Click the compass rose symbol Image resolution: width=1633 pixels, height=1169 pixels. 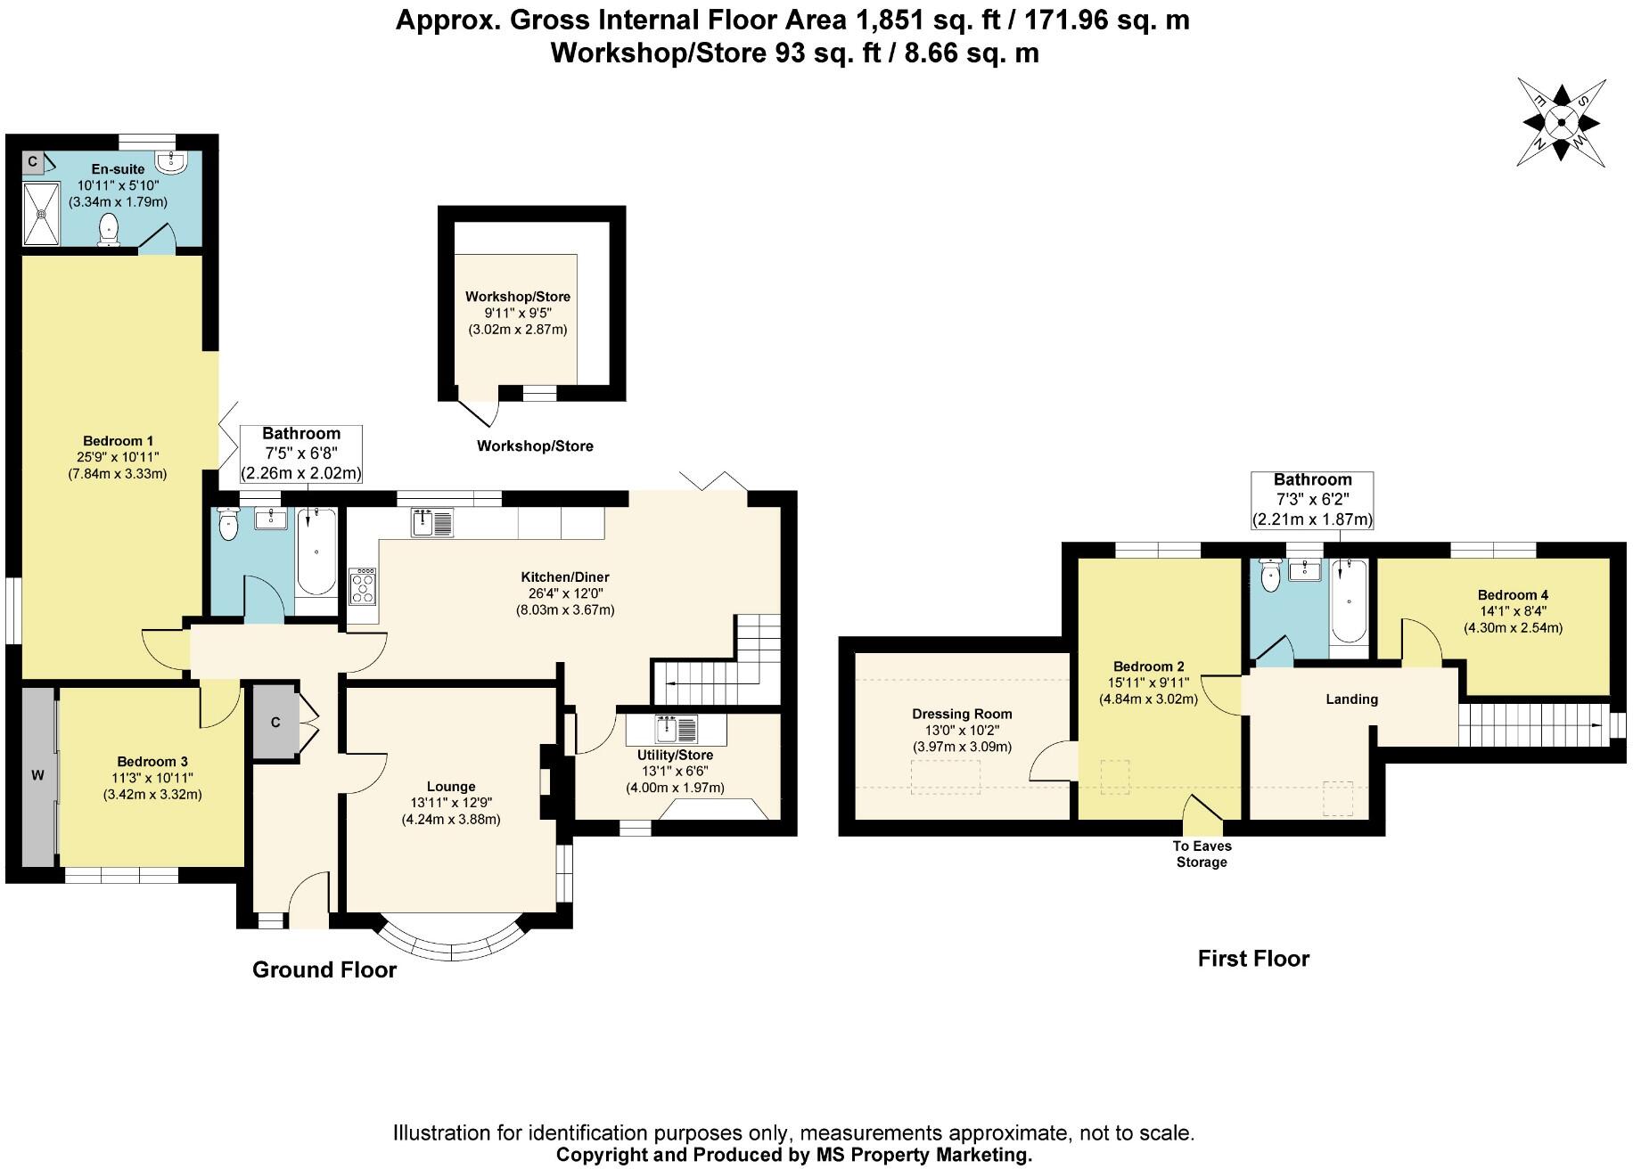[x=1561, y=123]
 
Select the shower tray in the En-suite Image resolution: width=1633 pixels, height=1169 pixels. [x=41, y=213]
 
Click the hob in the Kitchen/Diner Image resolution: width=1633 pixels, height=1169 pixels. [x=364, y=586]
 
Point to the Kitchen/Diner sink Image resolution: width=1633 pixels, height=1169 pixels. [x=432, y=521]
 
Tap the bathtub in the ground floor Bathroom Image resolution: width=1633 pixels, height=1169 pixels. [x=316, y=552]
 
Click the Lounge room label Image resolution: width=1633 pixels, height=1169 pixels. [x=451, y=787]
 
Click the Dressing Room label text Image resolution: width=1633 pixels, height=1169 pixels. [x=962, y=714]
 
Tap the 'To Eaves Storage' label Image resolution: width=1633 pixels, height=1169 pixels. [x=1202, y=854]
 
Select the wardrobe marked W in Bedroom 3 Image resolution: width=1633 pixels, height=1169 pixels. [x=38, y=775]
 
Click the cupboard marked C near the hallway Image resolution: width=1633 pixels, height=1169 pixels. [x=275, y=723]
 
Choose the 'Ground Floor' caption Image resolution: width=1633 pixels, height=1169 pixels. [x=324, y=969]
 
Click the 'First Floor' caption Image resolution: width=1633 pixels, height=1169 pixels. [x=1252, y=959]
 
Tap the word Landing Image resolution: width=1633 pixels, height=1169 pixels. [x=1351, y=699]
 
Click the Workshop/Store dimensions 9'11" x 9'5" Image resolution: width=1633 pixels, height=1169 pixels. [x=517, y=313]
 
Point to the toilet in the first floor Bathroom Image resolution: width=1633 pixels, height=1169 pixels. [x=1269, y=578]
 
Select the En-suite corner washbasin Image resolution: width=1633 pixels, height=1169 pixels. [x=169, y=160]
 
